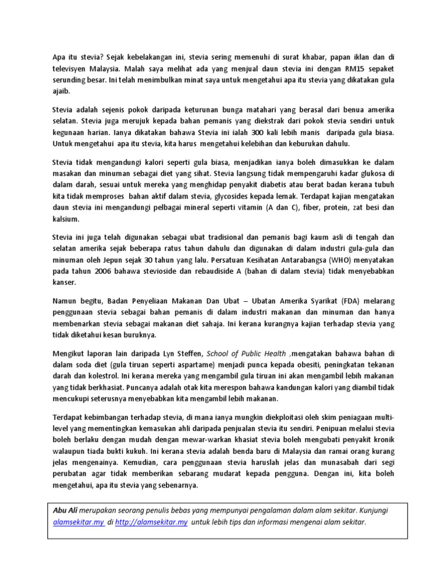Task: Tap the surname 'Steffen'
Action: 187,354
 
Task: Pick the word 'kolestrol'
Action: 100,377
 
